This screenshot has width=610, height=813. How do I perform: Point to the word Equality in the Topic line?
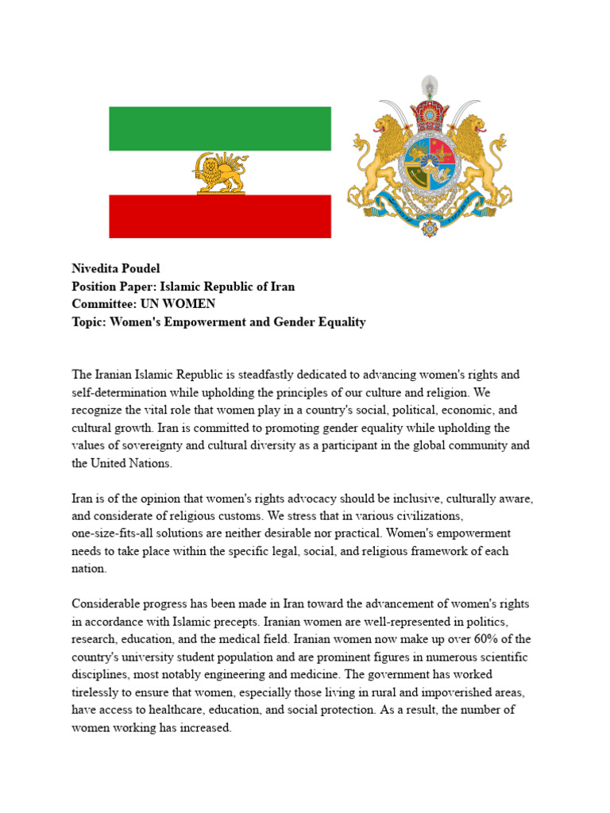pyautogui.click(x=340, y=322)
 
